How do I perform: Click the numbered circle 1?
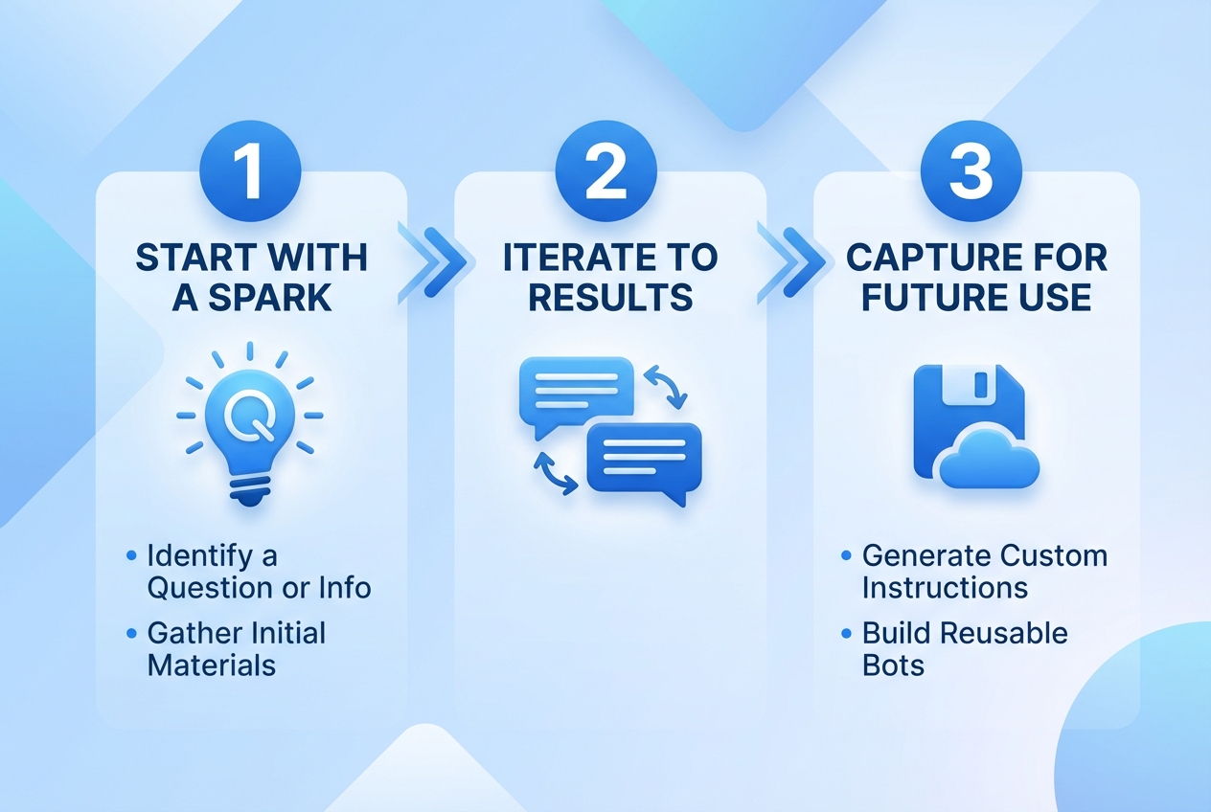pyautogui.click(x=250, y=170)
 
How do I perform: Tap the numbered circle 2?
pyautogui.click(x=606, y=170)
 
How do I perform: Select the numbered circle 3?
pyautogui.click(x=971, y=170)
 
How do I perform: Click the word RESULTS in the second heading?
pyautogui.click(x=610, y=297)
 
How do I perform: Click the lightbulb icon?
pyautogui.click(x=250, y=424)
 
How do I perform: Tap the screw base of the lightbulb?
pyautogui.click(x=250, y=490)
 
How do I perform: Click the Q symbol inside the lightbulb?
pyautogui.click(x=250, y=416)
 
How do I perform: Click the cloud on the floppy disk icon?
pyautogui.click(x=990, y=460)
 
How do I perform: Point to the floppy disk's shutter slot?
pyautogui.click(x=980, y=384)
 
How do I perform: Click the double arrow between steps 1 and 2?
pyautogui.click(x=432, y=262)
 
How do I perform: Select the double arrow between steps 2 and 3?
pyautogui.click(x=791, y=262)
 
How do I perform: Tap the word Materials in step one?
pyautogui.click(x=212, y=665)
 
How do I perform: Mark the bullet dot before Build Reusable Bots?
pyautogui.click(x=847, y=633)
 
